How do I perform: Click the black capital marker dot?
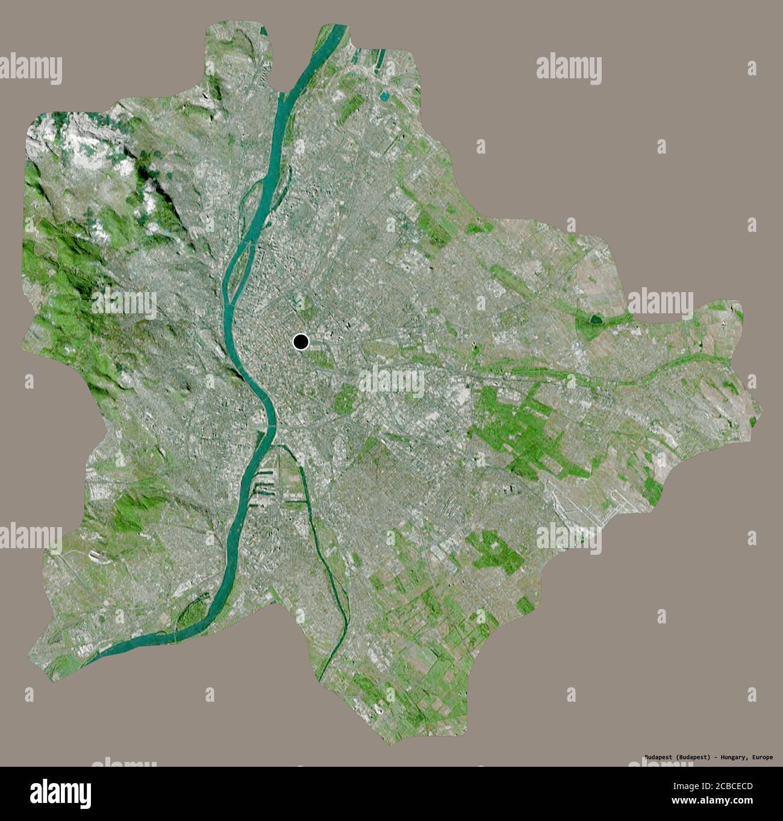301,342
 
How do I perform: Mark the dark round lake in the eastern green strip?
597,319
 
